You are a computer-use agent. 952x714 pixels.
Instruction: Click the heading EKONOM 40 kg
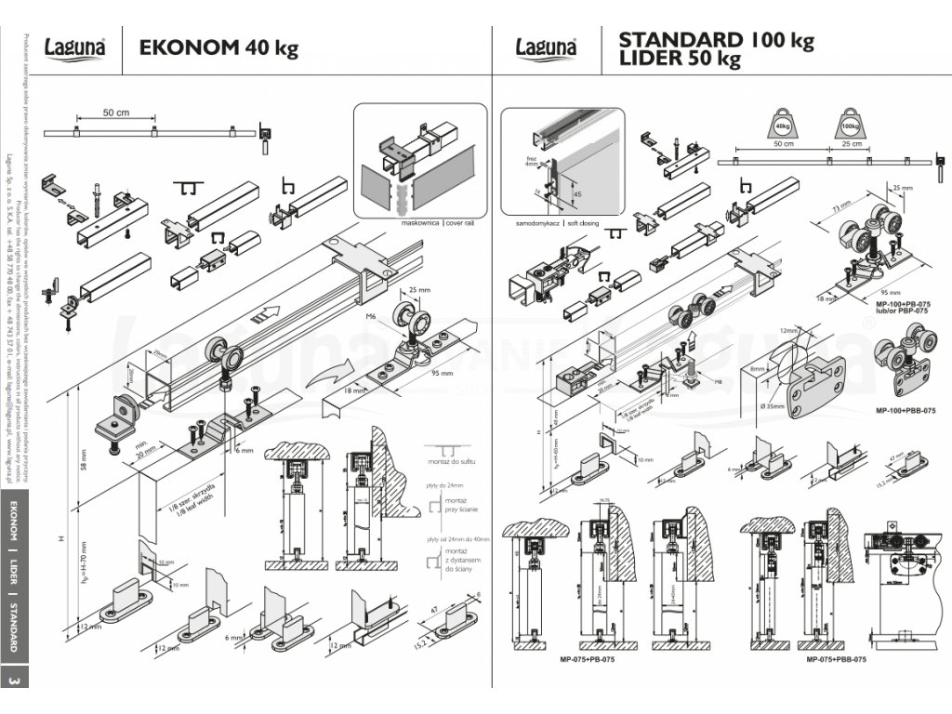218,47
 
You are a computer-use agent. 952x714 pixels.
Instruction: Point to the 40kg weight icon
782,123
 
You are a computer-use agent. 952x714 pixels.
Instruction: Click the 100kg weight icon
849,123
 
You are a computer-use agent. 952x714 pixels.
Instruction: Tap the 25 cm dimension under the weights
850,144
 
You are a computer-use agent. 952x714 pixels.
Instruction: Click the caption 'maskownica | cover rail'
419,224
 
